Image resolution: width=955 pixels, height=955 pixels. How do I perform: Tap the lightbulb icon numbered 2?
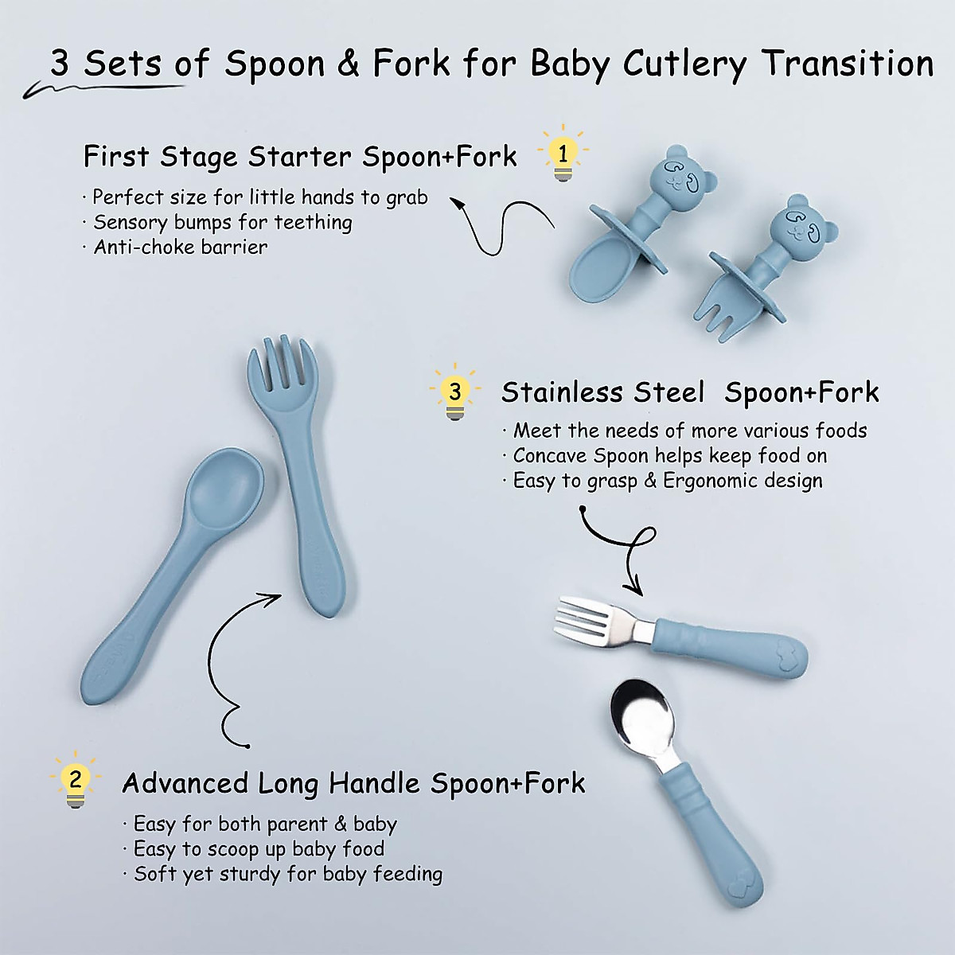coord(76,779)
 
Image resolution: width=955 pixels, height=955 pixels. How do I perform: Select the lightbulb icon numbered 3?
coord(454,392)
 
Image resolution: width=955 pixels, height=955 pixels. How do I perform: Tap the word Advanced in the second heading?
coord(185,783)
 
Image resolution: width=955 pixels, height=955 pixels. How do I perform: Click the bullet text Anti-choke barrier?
coord(180,247)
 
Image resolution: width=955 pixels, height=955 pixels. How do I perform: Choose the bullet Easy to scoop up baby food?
coord(259,848)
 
